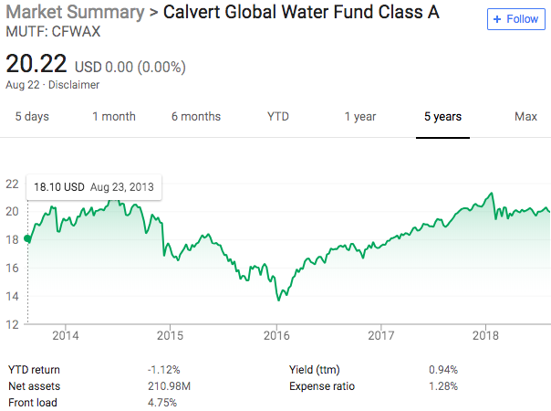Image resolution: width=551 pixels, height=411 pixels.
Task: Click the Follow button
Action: point(516,19)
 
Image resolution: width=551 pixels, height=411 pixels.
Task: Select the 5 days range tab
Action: point(32,117)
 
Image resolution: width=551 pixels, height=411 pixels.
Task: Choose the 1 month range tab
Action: point(114,117)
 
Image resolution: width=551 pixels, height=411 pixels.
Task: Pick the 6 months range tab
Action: point(196,117)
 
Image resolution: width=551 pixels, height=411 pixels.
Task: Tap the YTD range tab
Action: point(278,117)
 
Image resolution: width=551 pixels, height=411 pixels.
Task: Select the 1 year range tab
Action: point(360,117)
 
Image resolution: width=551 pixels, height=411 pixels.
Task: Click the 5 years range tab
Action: point(442,117)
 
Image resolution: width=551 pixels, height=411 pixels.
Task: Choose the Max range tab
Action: point(525,117)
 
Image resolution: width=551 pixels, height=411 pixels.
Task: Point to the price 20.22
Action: point(36,65)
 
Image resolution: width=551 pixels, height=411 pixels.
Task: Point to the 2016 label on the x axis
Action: point(276,335)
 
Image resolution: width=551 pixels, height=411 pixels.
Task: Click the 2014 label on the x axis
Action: point(66,335)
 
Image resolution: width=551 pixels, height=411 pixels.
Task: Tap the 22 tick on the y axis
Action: point(13,184)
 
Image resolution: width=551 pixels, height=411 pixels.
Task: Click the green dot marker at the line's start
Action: point(26,239)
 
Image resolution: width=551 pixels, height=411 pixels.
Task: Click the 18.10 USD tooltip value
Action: point(59,187)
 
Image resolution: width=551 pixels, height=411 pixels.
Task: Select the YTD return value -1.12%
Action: point(163,370)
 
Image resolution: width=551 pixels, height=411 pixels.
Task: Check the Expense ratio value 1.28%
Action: point(443,386)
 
